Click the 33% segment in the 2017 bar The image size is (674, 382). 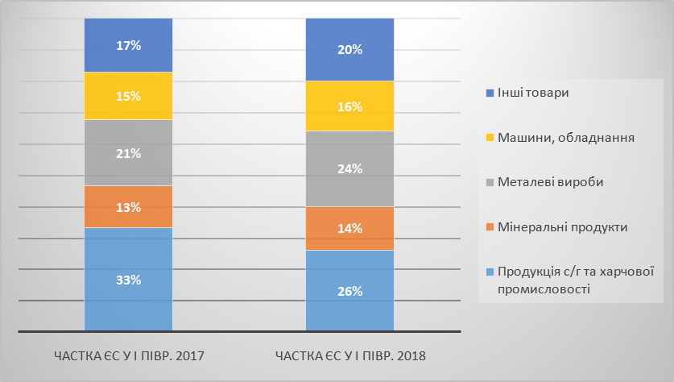click(128, 279)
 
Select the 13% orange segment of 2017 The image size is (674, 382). click(128, 207)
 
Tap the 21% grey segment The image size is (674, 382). click(128, 153)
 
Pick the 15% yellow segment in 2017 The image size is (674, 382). click(128, 96)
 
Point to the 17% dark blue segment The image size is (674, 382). click(128, 45)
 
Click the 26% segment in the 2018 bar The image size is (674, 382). click(349, 290)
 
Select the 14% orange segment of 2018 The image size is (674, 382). click(349, 228)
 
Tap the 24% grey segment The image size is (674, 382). click(349, 168)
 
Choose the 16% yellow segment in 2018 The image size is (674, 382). click(349, 106)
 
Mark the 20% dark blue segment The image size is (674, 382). click(349, 49)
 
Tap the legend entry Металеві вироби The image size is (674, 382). click(550, 182)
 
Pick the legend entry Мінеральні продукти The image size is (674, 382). click(562, 227)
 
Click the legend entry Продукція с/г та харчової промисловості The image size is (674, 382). click(574, 280)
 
